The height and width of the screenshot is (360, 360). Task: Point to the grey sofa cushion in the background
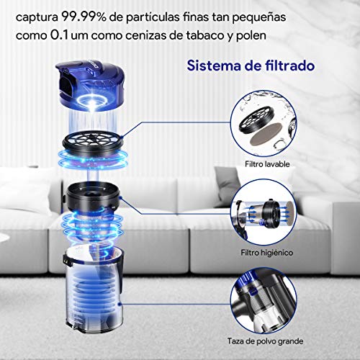(x=187, y=194)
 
